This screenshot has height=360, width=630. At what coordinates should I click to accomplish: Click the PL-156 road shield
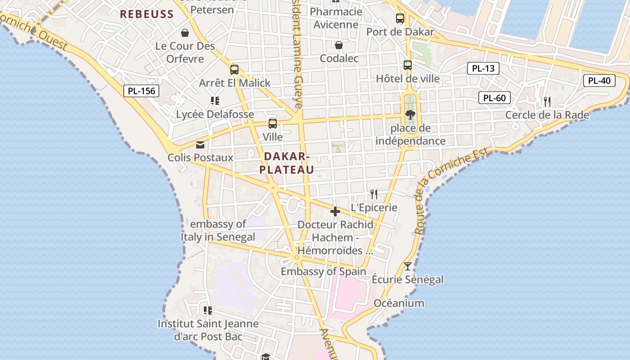point(141,91)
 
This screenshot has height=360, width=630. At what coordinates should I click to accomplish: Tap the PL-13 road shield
point(483,68)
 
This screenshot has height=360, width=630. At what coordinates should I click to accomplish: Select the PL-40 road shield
point(599,81)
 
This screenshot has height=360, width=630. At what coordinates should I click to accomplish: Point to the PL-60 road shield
point(495,98)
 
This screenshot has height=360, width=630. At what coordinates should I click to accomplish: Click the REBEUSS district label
point(147,14)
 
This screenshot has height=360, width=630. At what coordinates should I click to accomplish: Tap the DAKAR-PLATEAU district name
point(287,163)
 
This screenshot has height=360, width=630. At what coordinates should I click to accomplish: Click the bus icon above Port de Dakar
point(400,18)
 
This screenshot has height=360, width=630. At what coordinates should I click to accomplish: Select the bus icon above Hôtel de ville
point(408,65)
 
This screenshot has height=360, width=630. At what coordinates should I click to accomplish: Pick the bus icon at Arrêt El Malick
point(234,70)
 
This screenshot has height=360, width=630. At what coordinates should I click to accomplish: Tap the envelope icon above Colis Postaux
point(200,144)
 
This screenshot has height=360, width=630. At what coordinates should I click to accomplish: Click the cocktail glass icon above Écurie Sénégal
point(408,266)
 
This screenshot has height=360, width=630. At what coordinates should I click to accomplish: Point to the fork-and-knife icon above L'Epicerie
point(374,194)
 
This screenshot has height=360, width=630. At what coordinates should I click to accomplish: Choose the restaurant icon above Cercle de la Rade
point(547,102)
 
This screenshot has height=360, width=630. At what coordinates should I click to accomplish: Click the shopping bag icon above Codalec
point(339,45)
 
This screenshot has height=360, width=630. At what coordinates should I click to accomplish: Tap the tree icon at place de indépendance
point(410,115)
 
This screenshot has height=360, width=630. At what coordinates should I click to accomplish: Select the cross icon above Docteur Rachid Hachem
point(335,211)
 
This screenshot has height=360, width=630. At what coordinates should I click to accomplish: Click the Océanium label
point(399,303)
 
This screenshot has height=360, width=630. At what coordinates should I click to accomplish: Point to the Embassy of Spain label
point(324,271)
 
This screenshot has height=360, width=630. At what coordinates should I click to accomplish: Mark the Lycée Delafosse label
point(215,114)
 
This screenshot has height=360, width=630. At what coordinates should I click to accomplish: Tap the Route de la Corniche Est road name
point(450,191)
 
